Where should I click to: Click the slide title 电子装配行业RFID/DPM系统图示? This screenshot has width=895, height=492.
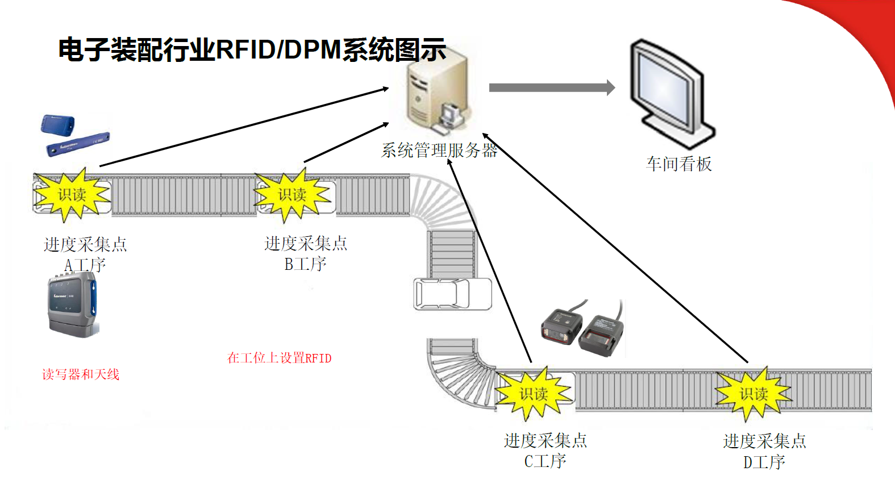tap(252, 50)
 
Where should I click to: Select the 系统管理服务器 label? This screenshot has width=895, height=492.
tap(439, 151)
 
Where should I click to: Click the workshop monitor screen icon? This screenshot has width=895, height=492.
tap(671, 94)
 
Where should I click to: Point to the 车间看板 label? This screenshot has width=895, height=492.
tap(678, 164)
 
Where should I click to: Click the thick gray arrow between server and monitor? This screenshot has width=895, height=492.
tap(551, 87)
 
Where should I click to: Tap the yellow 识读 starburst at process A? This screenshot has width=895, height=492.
tap(72, 195)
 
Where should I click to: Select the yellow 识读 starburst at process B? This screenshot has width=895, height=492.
tap(292, 195)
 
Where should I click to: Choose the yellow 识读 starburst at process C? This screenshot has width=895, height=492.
tap(533, 394)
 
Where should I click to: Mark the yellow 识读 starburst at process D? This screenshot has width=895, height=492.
tap(753, 394)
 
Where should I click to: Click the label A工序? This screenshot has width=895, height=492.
tap(85, 265)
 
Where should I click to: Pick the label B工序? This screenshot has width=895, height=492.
tap(305, 264)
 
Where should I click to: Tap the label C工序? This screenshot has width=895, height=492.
tap(545, 461)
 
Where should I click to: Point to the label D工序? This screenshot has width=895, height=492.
tap(764, 462)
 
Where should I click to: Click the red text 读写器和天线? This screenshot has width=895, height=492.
tap(81, 374)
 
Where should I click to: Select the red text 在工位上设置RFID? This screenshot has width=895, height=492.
tap(279, 358)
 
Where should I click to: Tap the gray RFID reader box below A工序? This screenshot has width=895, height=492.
tap(73, 305)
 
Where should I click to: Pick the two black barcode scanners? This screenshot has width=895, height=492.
tap(582, 331)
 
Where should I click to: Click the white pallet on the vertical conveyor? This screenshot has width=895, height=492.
tap(452, 294)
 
